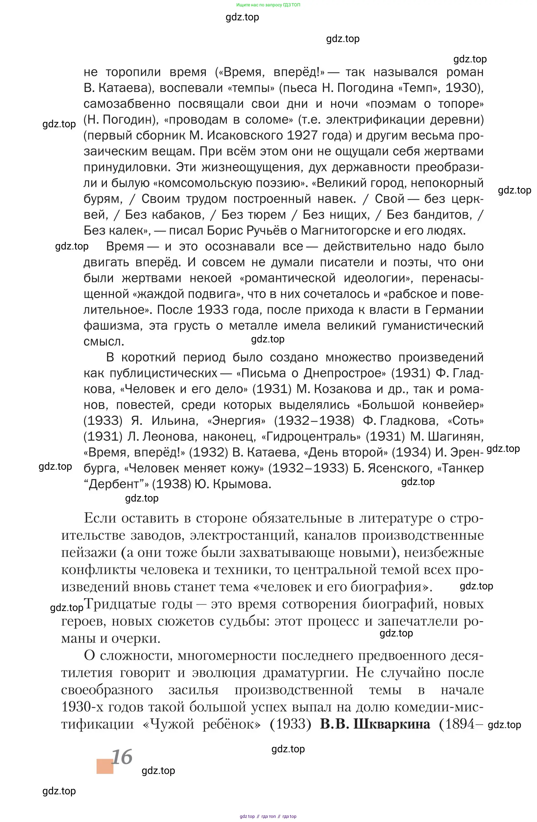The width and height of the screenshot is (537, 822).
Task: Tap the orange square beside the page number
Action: pyautogui.click(x=105, y=766)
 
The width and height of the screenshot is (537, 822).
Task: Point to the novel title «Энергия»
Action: pyautogui.click(x=237, y=421)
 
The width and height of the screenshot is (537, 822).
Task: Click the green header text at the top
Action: pyautogui.click(x=268, y=5)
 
